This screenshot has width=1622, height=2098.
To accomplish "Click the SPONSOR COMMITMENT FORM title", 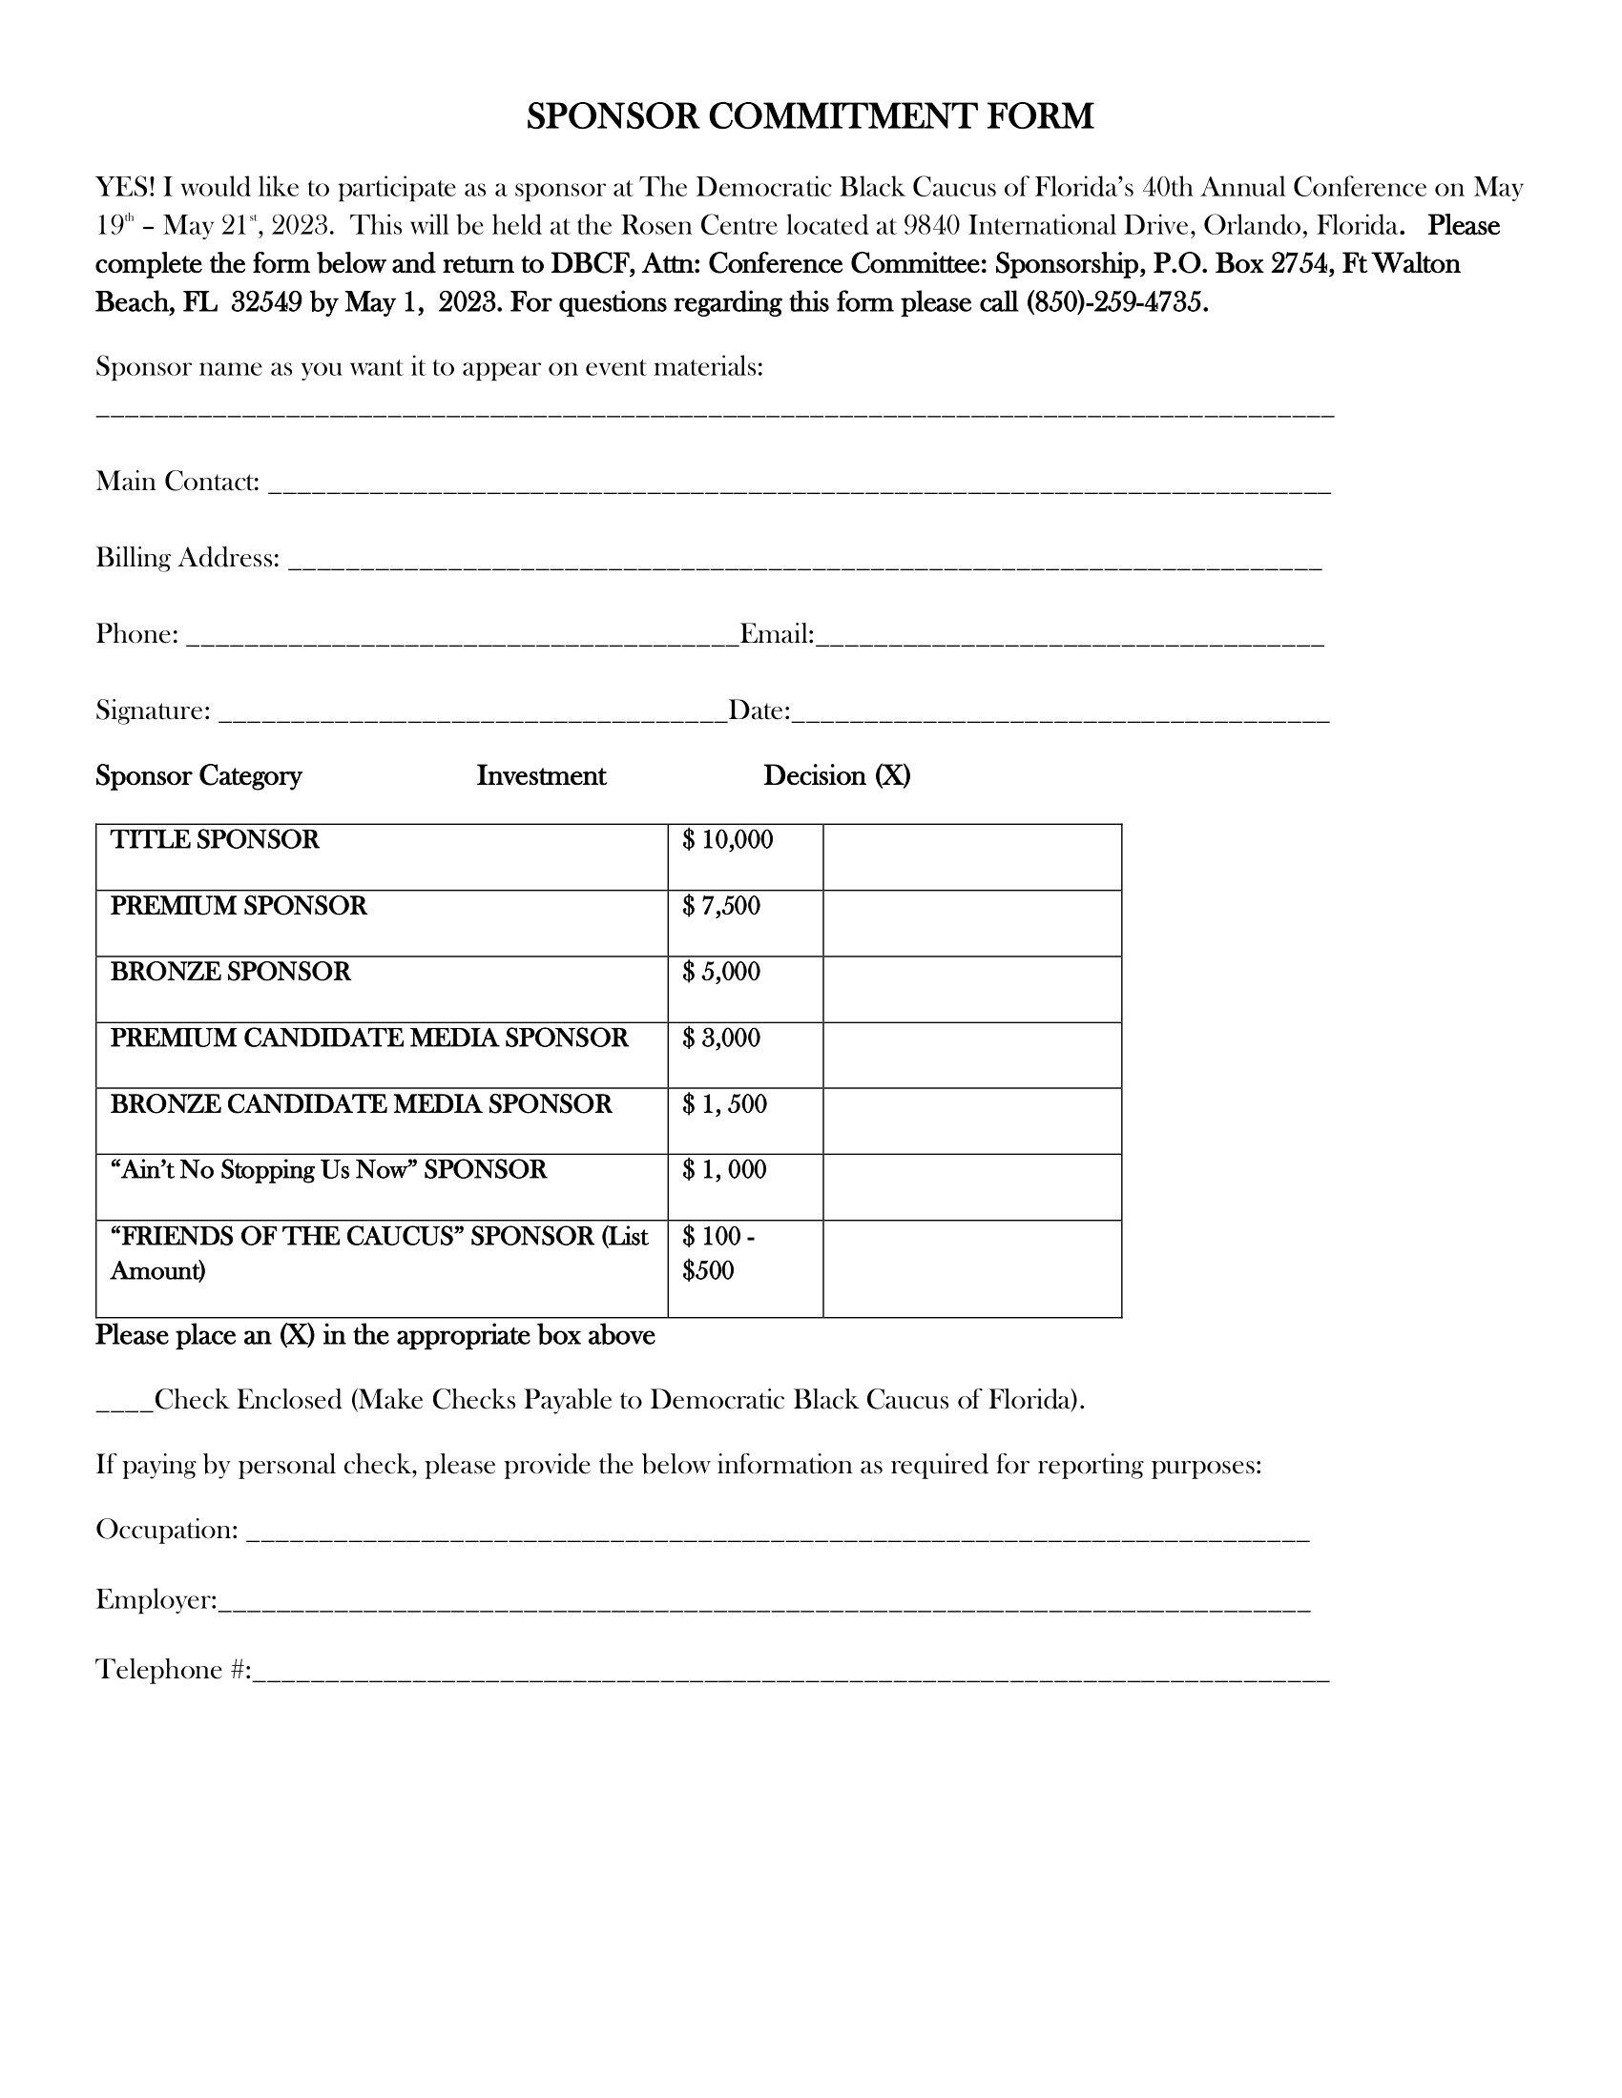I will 810,117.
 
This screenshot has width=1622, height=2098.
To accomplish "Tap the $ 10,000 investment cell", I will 745,856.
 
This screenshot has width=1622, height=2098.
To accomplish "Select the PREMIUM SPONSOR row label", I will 239,906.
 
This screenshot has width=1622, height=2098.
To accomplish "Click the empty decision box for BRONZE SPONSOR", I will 971,989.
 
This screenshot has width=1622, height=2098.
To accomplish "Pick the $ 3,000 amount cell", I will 745,1054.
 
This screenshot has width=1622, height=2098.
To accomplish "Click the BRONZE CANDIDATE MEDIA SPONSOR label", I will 361,1103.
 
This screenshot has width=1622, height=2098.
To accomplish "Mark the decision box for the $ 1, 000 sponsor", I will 971,1186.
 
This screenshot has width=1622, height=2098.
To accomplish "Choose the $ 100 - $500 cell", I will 745,1267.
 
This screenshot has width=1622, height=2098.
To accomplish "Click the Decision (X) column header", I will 836,775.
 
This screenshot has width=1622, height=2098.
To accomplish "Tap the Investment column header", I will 541,775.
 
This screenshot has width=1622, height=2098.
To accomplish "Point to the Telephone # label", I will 173,1670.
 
